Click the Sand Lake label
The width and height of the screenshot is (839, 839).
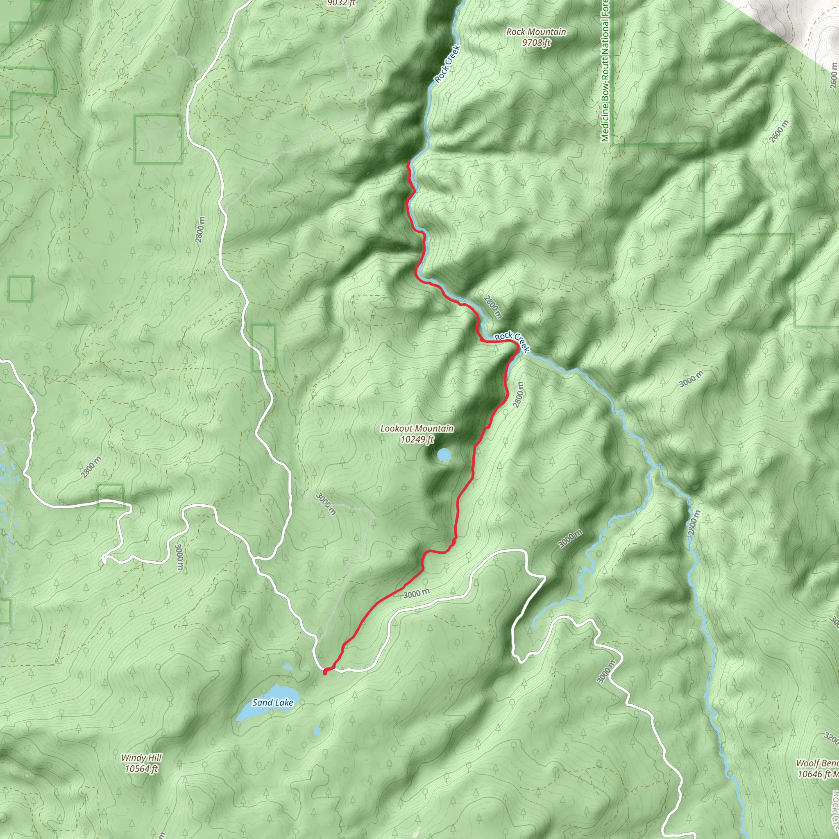coord(273,702)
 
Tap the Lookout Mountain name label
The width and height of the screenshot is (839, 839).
coord(417,429)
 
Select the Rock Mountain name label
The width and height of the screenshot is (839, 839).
coord(536,32)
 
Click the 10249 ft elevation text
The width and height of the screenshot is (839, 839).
coord(417,440)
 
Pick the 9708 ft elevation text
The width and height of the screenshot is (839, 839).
coord(536,43)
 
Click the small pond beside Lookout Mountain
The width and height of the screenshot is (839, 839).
coord(443,455)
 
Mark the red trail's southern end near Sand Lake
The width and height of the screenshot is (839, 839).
coord(325,672)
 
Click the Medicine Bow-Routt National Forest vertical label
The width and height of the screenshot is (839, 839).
coord(605,72)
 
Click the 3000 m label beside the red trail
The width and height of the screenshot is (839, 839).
coord(416,593)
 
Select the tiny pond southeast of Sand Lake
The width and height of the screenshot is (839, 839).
coord(317,731)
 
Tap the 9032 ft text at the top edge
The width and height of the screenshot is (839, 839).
coord(342,3)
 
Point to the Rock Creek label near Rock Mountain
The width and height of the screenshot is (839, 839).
coord(447,64)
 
